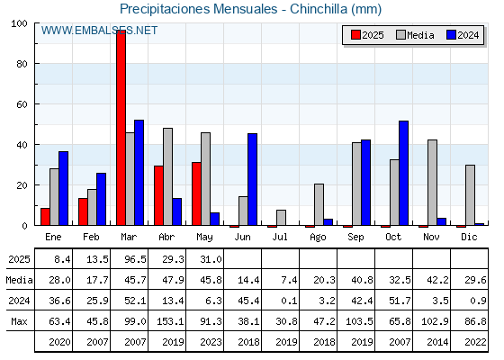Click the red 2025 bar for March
121,128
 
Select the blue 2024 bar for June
252,179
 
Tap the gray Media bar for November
432,183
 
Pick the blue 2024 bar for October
404,173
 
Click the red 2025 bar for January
45,217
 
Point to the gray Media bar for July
281,218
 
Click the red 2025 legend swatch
355,35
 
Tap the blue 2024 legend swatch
451,35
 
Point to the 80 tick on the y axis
22,64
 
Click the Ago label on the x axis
318,238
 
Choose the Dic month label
469,237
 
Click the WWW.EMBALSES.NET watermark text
99,31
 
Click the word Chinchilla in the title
319,9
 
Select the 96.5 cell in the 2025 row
135,259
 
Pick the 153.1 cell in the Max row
170,321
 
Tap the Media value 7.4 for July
289,280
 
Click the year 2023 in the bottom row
211,342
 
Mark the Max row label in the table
19,321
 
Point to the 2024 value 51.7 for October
400,301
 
